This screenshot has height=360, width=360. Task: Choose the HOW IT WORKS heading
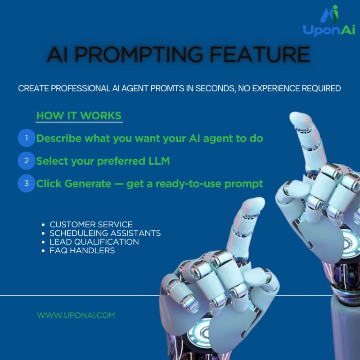coord(78,115)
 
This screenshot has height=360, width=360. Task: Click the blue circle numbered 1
coord(27,138)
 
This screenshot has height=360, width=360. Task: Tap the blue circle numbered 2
coord(27,161)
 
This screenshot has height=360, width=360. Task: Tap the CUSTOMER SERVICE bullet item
coord(91,224)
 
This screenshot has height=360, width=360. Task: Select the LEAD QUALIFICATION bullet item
coord(94,242)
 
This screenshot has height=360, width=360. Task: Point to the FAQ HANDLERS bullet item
coord(82,251)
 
